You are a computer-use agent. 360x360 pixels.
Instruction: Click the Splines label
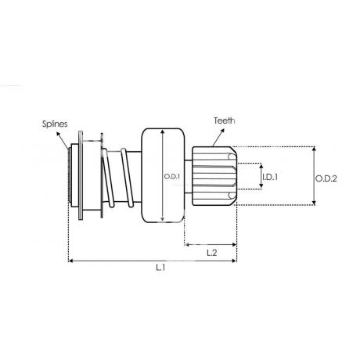[x=55, y=124]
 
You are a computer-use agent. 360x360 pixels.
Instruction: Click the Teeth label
[x=225, y=121]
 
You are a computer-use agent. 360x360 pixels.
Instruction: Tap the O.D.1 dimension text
[x=172, y=177]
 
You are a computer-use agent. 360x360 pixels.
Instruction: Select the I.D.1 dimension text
[x=270, y=177]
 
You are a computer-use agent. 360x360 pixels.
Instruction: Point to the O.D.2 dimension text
[x=326, y=178]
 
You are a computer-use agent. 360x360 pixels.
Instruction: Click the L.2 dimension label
[x=212, y=253]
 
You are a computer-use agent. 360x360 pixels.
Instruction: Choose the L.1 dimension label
[x=160, y=268]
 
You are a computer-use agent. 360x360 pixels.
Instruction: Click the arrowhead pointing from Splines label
[x=58, y=134]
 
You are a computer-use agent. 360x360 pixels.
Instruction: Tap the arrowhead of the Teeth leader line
[x=222, y=130]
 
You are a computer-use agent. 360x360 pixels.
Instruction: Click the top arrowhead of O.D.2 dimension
[x=314, y=149]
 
